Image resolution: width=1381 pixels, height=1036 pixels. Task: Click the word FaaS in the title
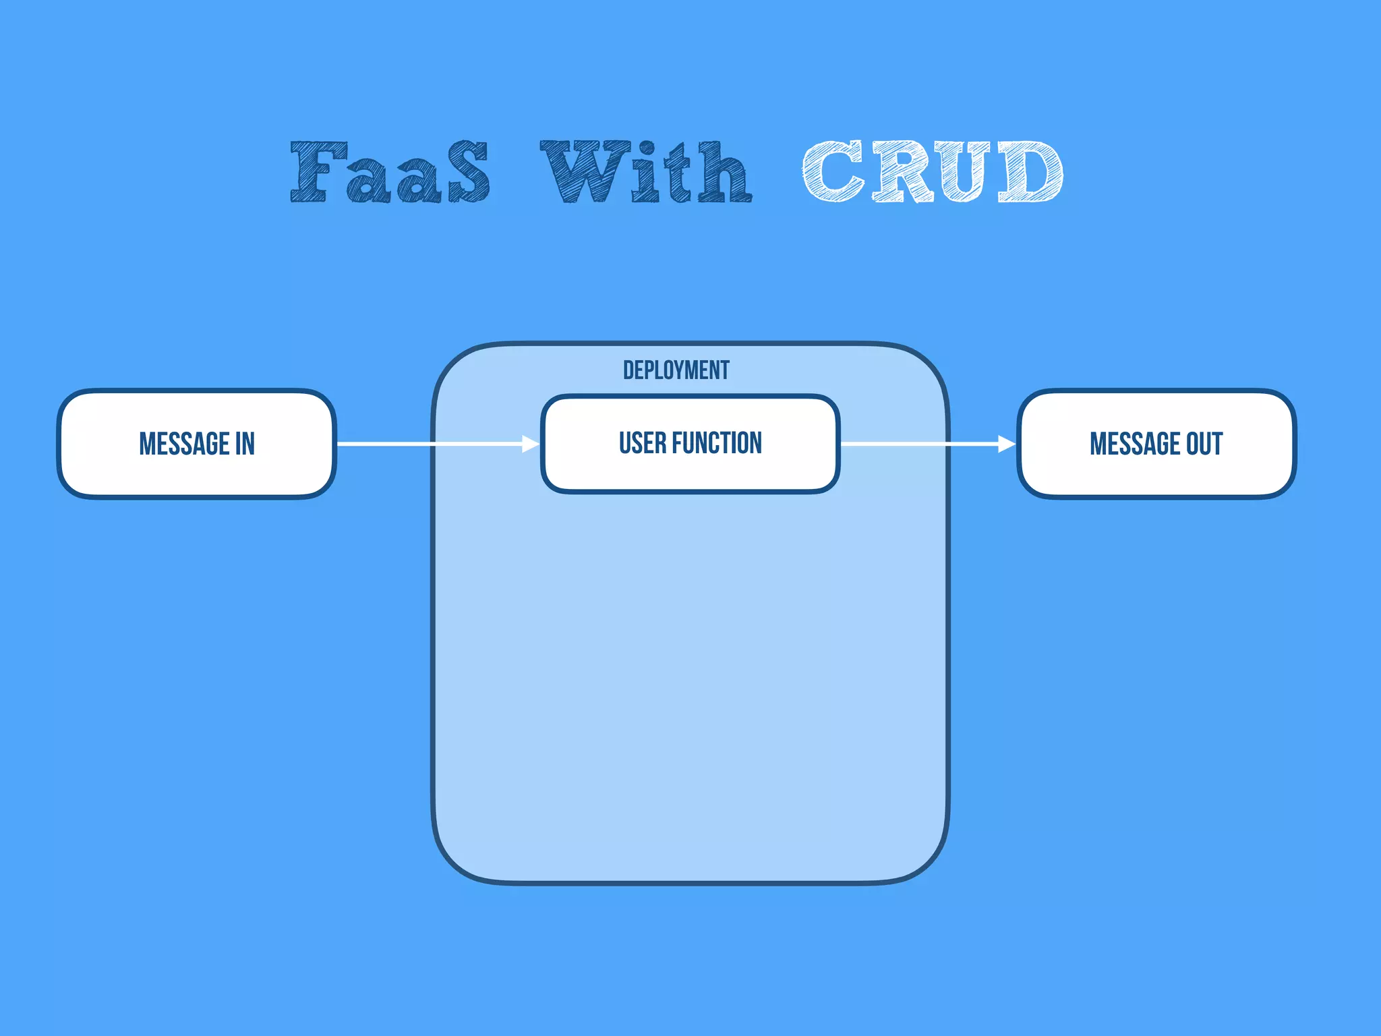click(390, 172)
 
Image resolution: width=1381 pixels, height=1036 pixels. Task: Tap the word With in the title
click(646, 172)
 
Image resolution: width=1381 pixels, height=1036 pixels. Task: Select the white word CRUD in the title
click(933, 172)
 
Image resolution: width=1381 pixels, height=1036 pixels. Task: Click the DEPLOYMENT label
click(676, 370)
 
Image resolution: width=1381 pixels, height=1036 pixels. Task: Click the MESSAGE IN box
click(196, 472)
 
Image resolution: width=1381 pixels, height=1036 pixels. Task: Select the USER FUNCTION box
click(690, 472)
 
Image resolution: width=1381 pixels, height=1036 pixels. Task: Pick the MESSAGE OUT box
click(1156, 472)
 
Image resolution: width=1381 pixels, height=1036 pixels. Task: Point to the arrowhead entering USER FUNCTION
click(531, 444)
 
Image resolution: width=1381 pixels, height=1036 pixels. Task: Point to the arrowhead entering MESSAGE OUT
click(1007, 444)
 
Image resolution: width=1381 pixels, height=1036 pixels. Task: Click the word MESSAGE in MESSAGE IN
click(184, 444)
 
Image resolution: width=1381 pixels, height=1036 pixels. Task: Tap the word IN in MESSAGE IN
click(245, 444)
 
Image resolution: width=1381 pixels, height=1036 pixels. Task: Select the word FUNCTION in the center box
click(717, 443)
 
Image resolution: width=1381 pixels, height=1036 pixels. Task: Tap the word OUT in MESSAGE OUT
click(1204, 444)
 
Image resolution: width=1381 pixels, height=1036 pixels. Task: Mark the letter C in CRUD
click(833, 172)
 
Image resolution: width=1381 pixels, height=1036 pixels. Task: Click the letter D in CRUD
click(1030, 172)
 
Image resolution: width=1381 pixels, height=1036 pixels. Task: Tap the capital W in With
click(584, 172)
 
